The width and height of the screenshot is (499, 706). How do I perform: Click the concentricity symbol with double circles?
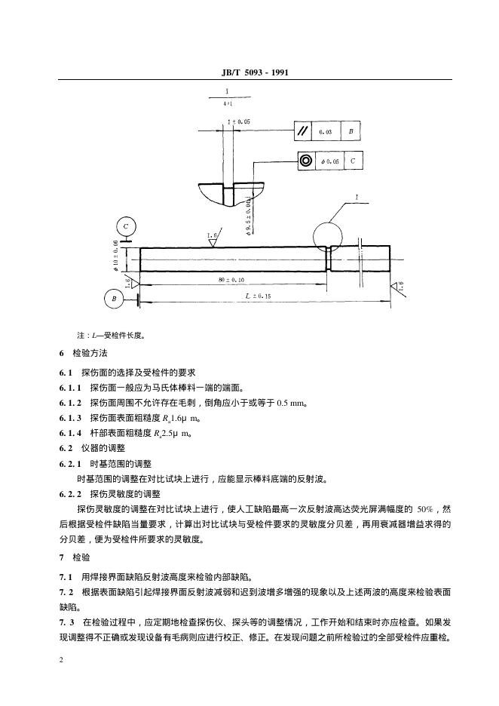[x=306, y=161]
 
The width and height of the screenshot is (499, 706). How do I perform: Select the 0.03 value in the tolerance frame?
[x=326, y=132]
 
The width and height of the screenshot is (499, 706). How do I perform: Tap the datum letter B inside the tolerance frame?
[x=351, y=131]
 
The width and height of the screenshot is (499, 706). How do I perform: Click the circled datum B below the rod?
[x=115, y=299]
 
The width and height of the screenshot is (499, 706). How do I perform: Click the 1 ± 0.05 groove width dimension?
[x=240, y=121]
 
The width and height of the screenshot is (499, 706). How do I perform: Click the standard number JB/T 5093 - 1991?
[x=249, y=73]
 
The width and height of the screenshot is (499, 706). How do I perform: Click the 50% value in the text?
[x=427, y=508]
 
